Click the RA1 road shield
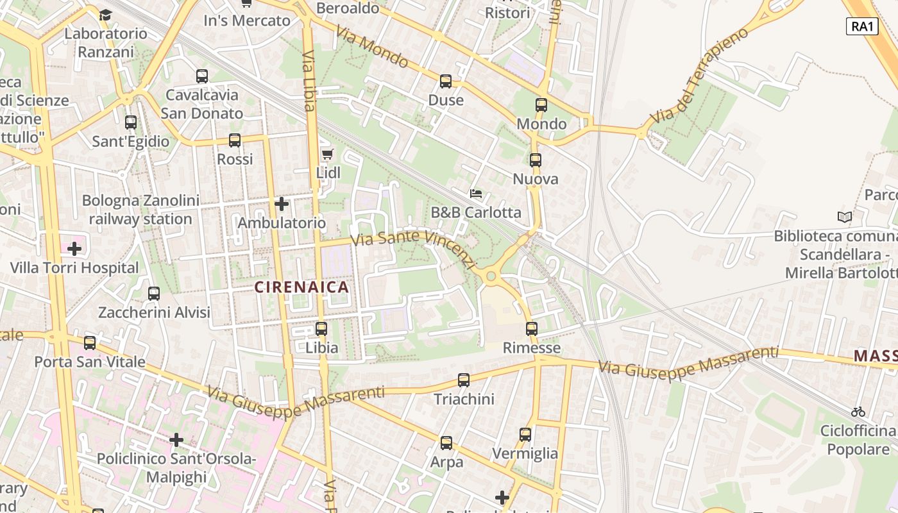click(861, 26)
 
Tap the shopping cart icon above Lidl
click(327, 155)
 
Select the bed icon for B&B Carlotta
click(475, 193)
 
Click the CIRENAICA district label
click(302, 287)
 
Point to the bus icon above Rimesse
click(532, 329)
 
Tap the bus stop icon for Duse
click(446, 81)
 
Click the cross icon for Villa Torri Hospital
click(74, 248)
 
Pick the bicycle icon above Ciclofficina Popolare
click(858, 412)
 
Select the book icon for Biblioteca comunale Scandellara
click(845, 217)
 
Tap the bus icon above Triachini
click(464, 380)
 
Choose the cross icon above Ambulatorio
click(282, 204)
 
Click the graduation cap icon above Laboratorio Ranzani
click(105, 14)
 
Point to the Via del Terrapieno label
click(699, 76)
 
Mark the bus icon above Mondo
click(541, 105)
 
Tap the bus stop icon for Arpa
click(446, 443)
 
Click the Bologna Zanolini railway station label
click(140, 210)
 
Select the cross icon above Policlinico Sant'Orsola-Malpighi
click(176, 440)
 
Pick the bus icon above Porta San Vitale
click(90, 343)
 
